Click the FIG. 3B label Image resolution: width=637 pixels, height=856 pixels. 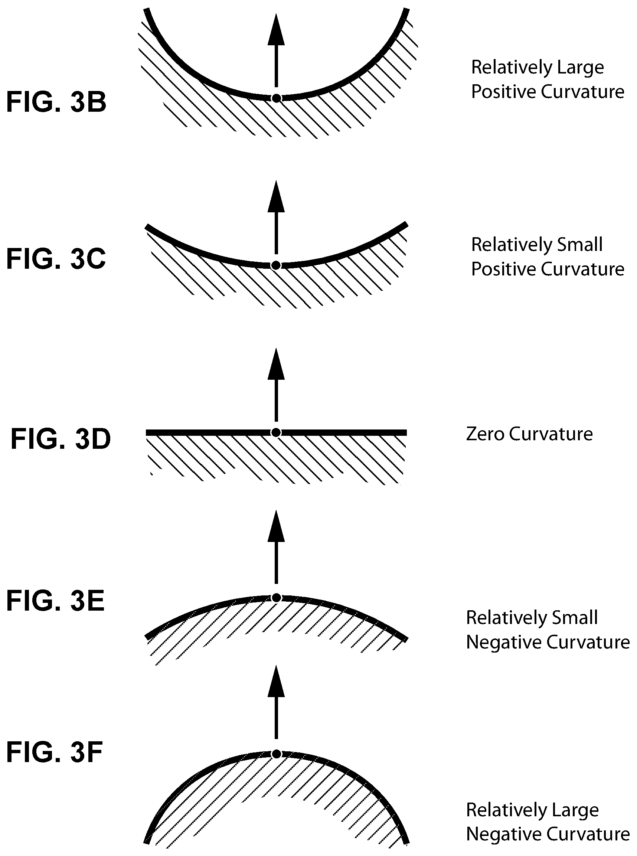coord(56,102)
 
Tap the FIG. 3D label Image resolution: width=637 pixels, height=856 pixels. coord(61,439)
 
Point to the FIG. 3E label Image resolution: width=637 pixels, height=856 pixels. coord(56,601)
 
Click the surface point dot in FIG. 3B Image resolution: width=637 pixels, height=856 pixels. coord(276,98)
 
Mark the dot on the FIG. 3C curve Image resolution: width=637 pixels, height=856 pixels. coord(276,265)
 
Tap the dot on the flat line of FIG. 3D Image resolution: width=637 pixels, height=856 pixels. coord(276,432)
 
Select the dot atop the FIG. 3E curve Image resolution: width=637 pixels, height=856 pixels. coord(276,598)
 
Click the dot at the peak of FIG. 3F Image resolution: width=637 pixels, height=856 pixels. coord(276,754)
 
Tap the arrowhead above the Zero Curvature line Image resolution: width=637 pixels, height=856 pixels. coord(276,364)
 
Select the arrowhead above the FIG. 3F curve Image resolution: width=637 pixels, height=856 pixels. coord(276,682)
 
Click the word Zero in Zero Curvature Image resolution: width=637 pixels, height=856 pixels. coord(485,434)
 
